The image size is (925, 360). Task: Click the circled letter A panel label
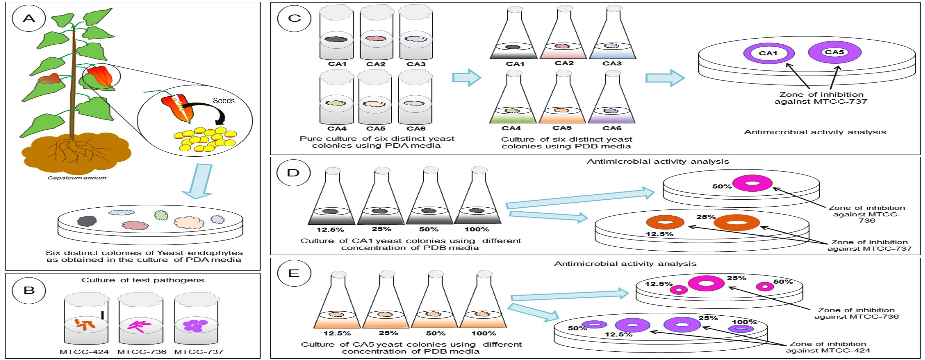[x=29, y=18]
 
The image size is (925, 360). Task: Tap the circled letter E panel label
[x=294, y=273]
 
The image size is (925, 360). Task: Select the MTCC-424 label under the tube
[x=84, y=352]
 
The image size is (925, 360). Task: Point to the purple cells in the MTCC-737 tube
[x=195, y=325]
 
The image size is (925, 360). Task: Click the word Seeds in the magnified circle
[x=224, y=101]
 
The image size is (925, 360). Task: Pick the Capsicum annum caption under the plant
[x=77, y=178]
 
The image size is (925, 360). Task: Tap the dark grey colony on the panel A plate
[x=87, y=221]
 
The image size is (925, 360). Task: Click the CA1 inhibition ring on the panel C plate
[x=769, y=53]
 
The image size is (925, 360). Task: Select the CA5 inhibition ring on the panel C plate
[x=834, y=52]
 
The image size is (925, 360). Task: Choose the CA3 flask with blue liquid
[x=612, y=36]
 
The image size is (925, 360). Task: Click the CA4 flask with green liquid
[x=512, y=101]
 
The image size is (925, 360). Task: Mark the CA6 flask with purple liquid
[x=611, y=101]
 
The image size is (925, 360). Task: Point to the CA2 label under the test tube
[x=376, y=64]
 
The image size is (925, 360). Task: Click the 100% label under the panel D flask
[x=476, y=229]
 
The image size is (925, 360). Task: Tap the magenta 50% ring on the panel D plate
[x=752, y=184]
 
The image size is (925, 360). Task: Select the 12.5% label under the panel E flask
[x=337, y=333]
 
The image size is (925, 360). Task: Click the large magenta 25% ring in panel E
[x=706, y=284]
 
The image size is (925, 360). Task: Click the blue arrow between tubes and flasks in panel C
[x=466, y=78]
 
